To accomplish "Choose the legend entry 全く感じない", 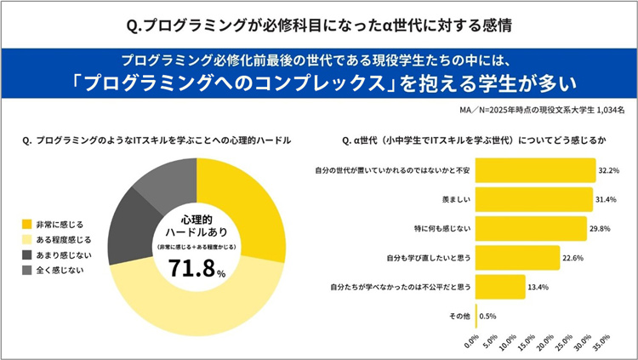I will pos(64,271).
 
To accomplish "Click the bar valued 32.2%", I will pos(534,171).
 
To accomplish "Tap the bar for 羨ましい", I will pos(533,200).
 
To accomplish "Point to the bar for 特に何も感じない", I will pos(530,229).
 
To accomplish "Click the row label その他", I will pos(458,316).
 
